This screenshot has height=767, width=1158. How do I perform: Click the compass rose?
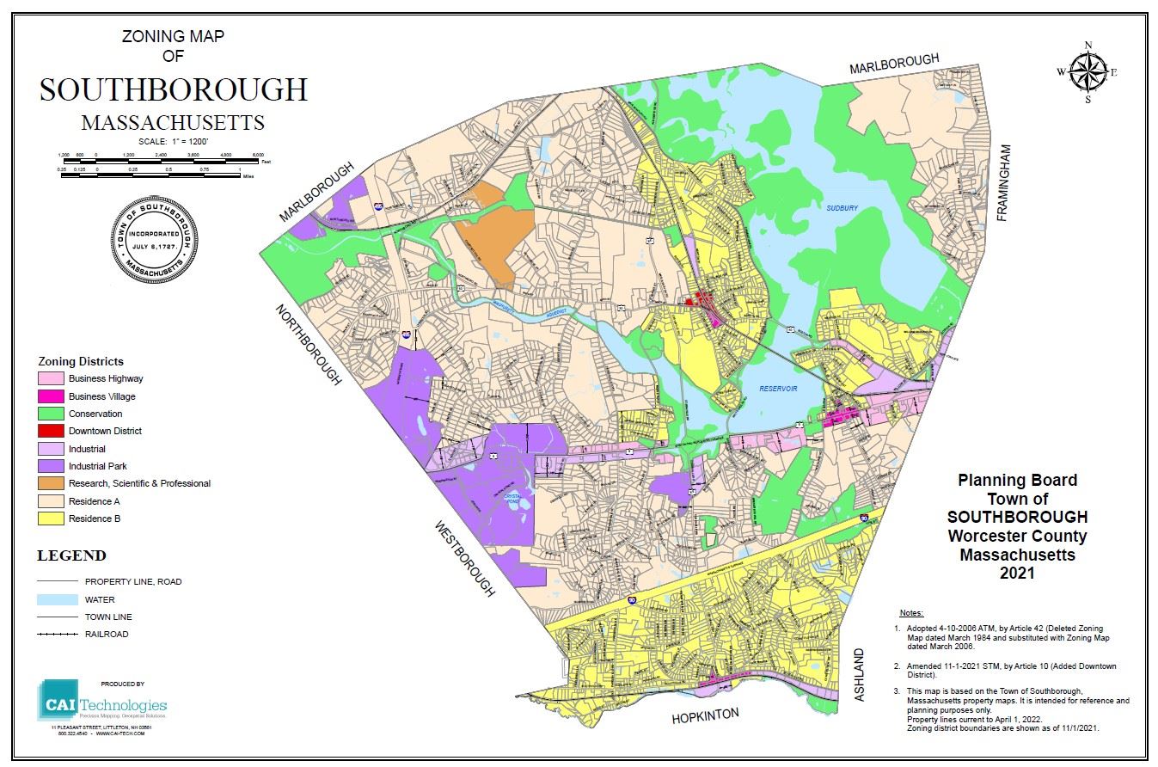[x=1088, y=72]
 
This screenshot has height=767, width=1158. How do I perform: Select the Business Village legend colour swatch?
[x=51, y=396]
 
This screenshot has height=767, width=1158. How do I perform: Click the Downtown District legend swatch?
[x=51, y=431]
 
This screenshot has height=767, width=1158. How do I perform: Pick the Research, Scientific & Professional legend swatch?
[x=51, y=483]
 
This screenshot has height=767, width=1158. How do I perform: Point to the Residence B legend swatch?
[x=51, y=518]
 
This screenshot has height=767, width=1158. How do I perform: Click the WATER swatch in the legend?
[x=51, y=599]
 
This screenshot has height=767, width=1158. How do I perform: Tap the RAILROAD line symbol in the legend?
[x=51, y=635]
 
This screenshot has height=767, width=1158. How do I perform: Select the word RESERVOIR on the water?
[x=778, y=389]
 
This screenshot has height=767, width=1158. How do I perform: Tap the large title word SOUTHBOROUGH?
[x=173, y=90]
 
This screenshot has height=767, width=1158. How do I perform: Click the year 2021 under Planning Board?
[x=1017, y=573]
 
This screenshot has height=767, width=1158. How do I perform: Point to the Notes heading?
[x=910, y=613]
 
